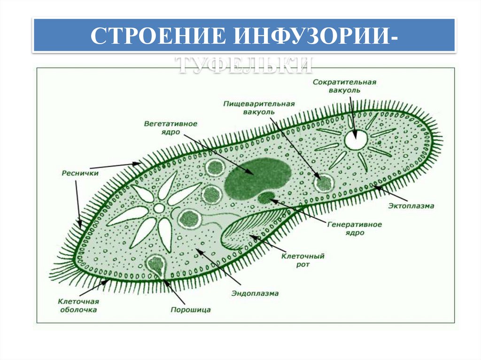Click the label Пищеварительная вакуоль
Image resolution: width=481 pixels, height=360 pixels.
(x=259, y=107)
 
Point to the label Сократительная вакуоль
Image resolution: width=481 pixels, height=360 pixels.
(x=344, y=85)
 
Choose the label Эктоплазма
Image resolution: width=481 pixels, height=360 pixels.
(x=411, y=206)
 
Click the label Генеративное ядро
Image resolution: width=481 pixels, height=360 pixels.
(x=354, y=228)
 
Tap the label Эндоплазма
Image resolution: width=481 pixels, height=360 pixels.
(x=255, y=293)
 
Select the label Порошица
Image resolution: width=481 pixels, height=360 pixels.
(x=190, y=310)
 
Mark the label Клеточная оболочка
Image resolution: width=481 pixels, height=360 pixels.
(x=78, y=306)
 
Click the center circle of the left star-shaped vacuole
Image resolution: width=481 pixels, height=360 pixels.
(x=159, y=208)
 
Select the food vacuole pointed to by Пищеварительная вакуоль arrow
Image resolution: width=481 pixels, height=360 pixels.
(x=323, y=183)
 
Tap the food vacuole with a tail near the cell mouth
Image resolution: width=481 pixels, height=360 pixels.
(x=190, y=218)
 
